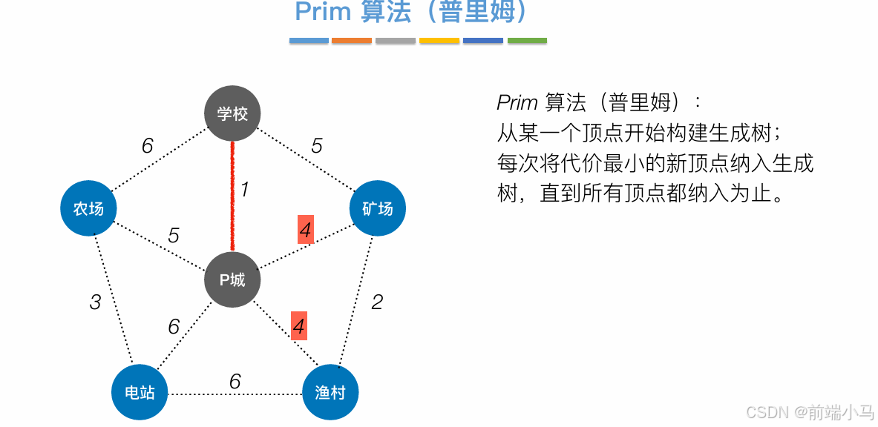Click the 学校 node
(232, 113)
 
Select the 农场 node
(88, 208)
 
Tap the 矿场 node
(377, 208)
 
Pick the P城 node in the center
(232, 279)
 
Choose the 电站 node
(140, 391)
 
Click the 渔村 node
(330, 391)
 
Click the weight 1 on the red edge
(244, 190)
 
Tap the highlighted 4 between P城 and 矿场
(305, 231)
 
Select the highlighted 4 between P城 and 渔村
(298, 325)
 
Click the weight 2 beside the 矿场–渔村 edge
(377, 302)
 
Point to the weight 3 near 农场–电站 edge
(95, 302)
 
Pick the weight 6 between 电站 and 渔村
(235, 381)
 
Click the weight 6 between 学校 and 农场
(147, 146)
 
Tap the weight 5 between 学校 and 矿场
(317, 146)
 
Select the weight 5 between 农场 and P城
(174, 236)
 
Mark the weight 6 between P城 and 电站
(174, 326)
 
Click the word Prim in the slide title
(322, 12)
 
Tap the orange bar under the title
(352, 41)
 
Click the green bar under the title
(527, 41)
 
